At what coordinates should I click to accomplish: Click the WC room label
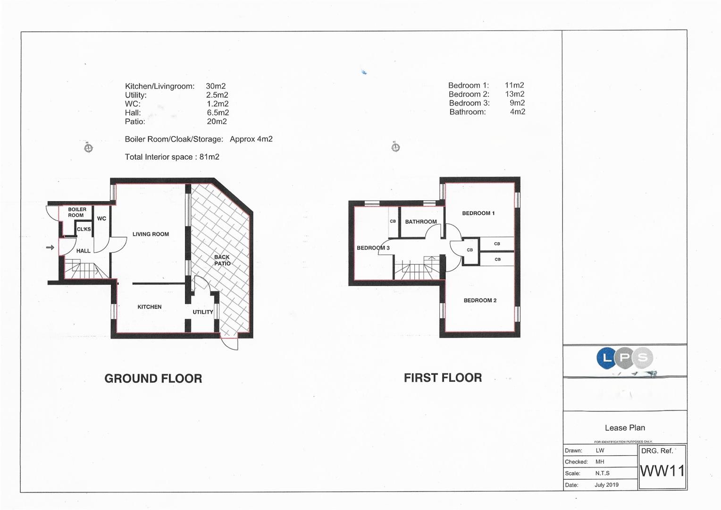click(101, 219)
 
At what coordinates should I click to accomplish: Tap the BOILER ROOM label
click(77, 212)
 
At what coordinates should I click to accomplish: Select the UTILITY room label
click(203, 312)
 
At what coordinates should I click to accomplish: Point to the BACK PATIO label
click(222, 260)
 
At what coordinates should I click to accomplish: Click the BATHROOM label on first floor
click(421, 221)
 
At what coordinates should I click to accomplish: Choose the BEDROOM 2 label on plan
click(480, 300)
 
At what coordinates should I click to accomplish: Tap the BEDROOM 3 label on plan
click(373, 248)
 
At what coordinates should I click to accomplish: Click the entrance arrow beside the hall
click(50, 247)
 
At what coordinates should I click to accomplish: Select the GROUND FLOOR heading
click(153, 378)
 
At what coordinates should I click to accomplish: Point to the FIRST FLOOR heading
click(443, 378)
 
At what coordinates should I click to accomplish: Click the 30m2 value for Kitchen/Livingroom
click(216, 86)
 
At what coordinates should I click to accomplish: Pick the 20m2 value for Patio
click(217, 121)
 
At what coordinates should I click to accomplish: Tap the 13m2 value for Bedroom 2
click(515, 94)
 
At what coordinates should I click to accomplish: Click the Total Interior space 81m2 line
click(172, 157)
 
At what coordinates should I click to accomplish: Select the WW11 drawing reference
click(662, 471)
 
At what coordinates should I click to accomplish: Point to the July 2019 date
click(606, 485)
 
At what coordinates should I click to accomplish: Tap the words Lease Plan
click(625, 428)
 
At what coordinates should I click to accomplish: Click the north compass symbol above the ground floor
click(88, 148)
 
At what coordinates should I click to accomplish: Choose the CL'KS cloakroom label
click(84, 229)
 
